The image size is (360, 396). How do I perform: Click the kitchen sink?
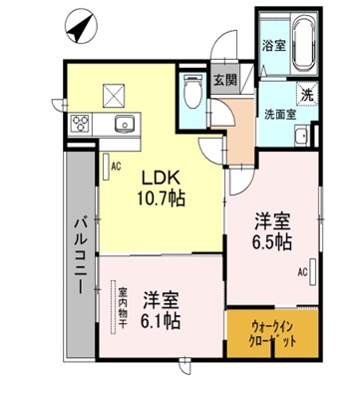[124, 125]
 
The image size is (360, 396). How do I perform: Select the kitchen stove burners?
[80, 126]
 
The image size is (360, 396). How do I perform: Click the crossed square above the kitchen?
[113, 96]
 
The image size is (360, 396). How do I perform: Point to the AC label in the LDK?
[116, 166]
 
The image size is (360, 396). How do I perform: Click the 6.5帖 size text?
[270, 241]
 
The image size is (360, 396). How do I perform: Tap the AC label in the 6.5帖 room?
[301, 270]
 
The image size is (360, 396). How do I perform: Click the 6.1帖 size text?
[160, 320]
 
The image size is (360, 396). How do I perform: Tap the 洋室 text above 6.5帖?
[270, 221]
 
